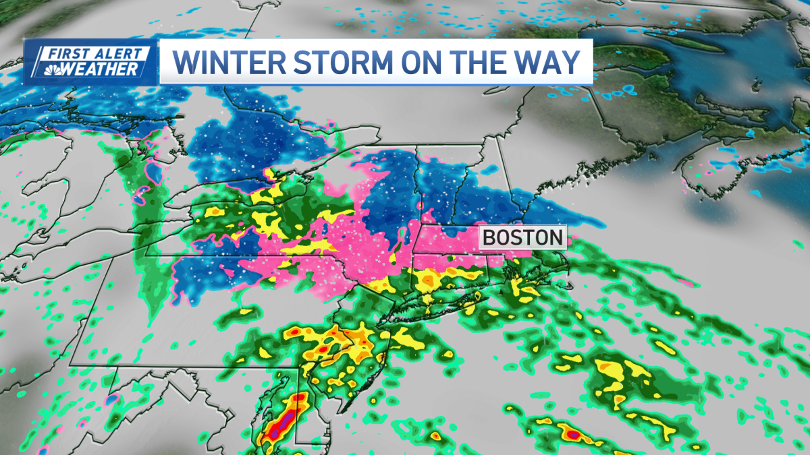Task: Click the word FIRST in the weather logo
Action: [70, 53]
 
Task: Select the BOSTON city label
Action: [523, 238]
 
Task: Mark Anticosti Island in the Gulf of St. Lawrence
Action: [682, 42]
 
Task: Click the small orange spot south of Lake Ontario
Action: [215, 212]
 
